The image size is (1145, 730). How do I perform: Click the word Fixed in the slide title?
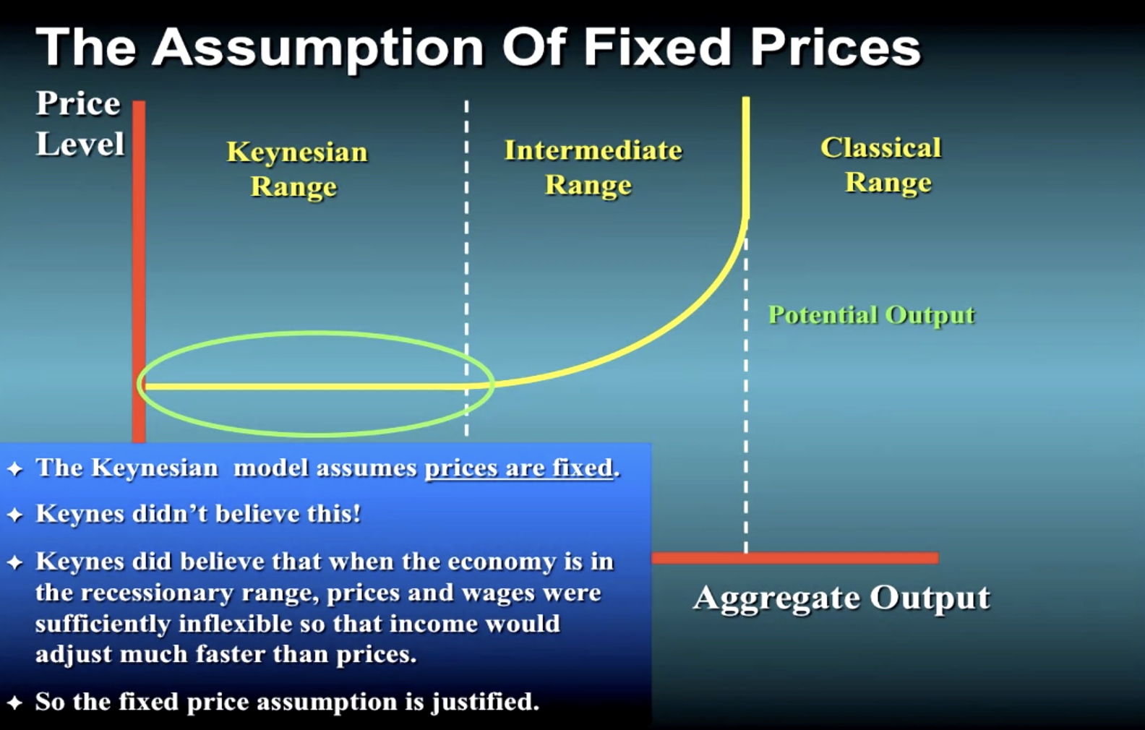tap(659, 47)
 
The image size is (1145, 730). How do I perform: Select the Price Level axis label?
tap(80, 123)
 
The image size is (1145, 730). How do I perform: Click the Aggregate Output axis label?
tap(841, 598)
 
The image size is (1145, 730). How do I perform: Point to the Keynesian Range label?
tap(296, 168)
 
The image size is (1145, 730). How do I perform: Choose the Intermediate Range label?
tap(593, 167)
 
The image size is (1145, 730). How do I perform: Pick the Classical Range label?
tap(881, 165)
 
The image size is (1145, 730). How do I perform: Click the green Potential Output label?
tap(872, 315)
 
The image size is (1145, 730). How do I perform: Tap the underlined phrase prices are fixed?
tap(519, 468)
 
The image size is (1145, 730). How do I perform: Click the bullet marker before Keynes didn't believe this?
tap(15, 515)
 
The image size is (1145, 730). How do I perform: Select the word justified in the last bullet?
tap(485, 702)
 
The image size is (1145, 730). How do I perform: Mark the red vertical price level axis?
tap(139, 272)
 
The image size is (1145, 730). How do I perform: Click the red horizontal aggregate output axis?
tap(795, 558)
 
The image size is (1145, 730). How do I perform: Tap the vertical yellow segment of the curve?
tap(746, 158)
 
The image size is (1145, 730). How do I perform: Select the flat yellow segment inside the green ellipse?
tap(306, 387)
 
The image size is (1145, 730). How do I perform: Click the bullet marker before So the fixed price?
tap(15, 702)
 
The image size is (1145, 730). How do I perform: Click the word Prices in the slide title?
tap(835, 47)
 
